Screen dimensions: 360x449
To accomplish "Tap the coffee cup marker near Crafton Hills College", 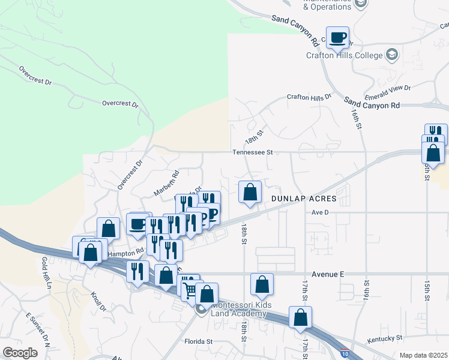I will tap(338, 37).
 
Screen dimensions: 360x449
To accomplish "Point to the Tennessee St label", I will tap(253, 152).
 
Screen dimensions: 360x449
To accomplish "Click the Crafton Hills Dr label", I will tap(309, 97).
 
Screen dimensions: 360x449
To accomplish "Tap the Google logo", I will tap(20, 352).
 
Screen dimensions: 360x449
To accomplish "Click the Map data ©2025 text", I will tap(423, 355).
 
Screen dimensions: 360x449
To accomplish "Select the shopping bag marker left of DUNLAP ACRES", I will tap(250, 192).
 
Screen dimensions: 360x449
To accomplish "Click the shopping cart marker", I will tap(191, 290).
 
